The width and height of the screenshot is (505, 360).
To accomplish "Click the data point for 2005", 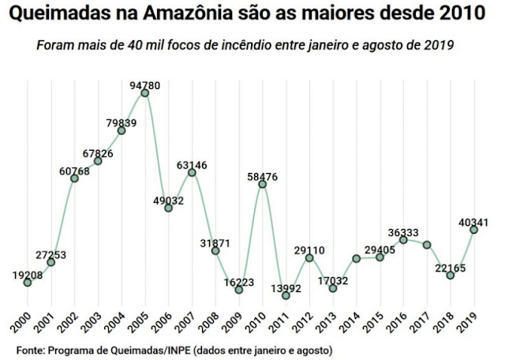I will tap(145, 93).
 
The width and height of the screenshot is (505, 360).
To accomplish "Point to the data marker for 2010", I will tap(263, 183).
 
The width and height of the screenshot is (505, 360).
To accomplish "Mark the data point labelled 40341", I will tap(474, 229).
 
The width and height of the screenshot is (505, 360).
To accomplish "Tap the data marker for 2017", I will tap(427, 245).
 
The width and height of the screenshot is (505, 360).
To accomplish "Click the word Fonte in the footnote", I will tap(29, 348).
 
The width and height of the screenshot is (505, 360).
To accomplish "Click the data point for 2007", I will tap(192, 172).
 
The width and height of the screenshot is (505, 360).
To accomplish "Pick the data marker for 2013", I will tap(333, 288).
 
